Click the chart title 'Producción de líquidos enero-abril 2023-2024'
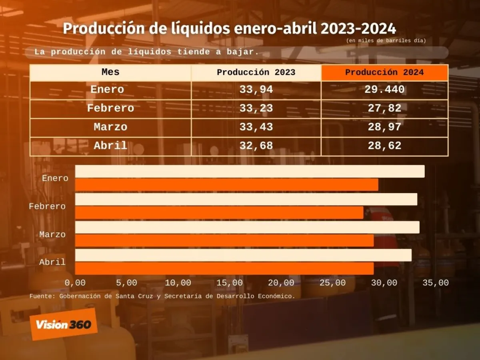pyautogui.click(x=229, y=29)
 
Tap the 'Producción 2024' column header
pyautogui.click(x=384, y=72)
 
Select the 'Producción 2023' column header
pyautogui.click(x=256, y=72)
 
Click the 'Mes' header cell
pyautogui.click(x=110, y=72)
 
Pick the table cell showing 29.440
pyautogui.click(x=384, y=90)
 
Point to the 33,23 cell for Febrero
pyautogui.click(x=256, y=108)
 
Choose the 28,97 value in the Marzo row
pyautogui.click(x=384, y=127)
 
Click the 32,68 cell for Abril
pyautogui.click(x=256, y=146)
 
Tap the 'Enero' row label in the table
pyautogui.click(x=107, y=90)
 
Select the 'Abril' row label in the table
pyautogui.click(x=110, y=146)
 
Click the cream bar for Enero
pyautogui.click(x=250, y=171)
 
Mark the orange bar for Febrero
pyautogui.click(x=219, y=213)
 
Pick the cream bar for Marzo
pyautogui.click(x=247, y=227)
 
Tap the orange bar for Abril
pyautogui.click(x=224, y=268)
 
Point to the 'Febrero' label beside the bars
pyautogui.click(x=47, y=206)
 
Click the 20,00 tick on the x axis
pyautogui.click(x=281, y=283)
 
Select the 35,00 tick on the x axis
pyautogui.click(x=436, y=283)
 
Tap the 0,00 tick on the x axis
pyautogui.click(x=75, y=283)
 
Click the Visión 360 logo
pyautogui.click(x=64, y=324)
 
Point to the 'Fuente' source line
pyautogui.click(x=162, y=296)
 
